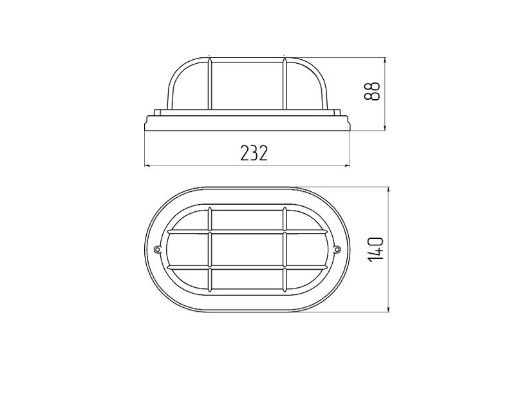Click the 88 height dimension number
coord(372,91)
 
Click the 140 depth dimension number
coord(375,249)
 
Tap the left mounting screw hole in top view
coord(158,250)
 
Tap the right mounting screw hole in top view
coord(337,250)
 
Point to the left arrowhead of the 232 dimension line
coord(147,166)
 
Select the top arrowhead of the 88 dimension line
coord(385,61)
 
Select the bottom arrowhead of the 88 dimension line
coord(385,128)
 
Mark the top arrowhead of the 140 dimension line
coord(389,190)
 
